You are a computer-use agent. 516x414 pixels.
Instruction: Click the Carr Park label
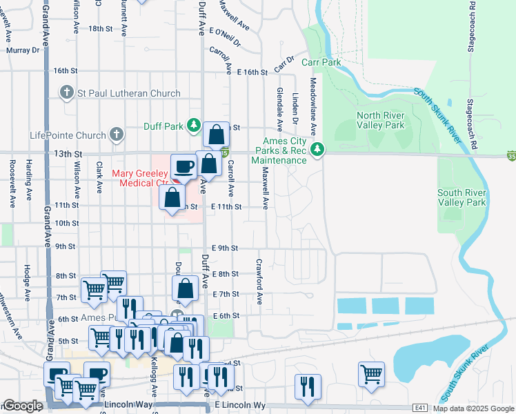pos(321,63)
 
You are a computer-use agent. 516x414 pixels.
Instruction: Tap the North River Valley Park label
pos(380,121)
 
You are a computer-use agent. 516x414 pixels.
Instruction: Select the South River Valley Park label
pos(462,197)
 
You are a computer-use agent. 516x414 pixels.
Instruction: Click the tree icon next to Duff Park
pos(195,125)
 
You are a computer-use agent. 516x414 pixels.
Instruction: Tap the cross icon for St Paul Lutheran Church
pos(67,92)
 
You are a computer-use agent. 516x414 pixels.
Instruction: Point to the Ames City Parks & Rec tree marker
pos(317,148)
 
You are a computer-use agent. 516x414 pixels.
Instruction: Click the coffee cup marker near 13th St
pos(183,166)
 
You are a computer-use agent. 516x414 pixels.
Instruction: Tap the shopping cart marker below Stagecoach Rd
pos(371,374)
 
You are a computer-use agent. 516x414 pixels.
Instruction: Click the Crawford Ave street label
pos(259,282)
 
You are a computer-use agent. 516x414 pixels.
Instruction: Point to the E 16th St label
pos(251,72)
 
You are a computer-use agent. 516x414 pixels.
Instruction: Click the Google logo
pos(23,406)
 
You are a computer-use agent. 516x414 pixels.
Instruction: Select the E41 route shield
pos(421,408)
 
